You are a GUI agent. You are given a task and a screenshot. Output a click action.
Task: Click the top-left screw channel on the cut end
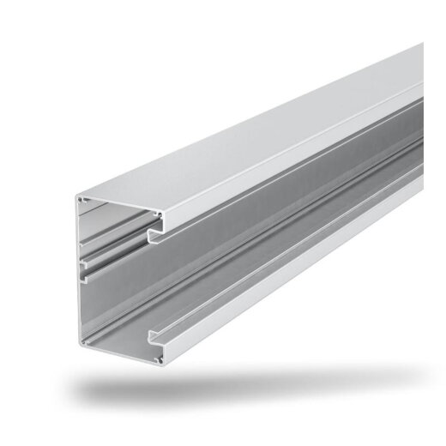82,201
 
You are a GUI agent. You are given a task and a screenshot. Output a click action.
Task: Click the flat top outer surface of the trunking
257,129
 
